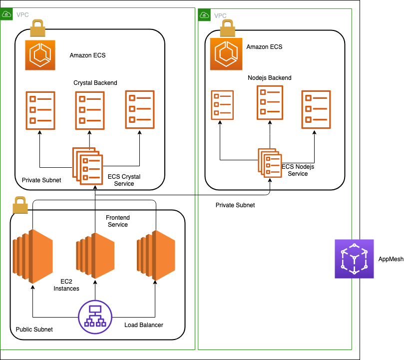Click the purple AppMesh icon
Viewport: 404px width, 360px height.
354,259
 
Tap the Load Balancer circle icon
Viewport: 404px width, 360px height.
95,317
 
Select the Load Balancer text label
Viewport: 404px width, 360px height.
144,325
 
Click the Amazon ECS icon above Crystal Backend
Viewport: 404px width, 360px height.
40,55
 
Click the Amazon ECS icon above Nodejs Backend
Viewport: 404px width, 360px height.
226,54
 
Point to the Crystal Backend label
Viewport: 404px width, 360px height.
95,83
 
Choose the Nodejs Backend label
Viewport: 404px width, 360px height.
270,78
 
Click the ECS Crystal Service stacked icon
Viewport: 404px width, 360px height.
87,166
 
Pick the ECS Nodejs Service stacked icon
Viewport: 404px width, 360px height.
270,163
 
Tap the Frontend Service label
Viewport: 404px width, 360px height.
118,221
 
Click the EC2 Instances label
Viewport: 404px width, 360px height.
66,285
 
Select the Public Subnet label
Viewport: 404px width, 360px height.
34,330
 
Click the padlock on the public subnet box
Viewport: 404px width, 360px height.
20,205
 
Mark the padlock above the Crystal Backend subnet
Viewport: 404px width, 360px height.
37,28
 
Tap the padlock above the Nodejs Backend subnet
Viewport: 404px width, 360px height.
228,28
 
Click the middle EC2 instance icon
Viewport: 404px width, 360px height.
95,256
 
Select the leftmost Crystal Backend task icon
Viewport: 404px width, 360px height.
40,110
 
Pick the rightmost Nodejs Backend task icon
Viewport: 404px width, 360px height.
316,109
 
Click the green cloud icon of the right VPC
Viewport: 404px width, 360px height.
204,15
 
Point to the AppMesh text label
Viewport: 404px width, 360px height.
391,259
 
